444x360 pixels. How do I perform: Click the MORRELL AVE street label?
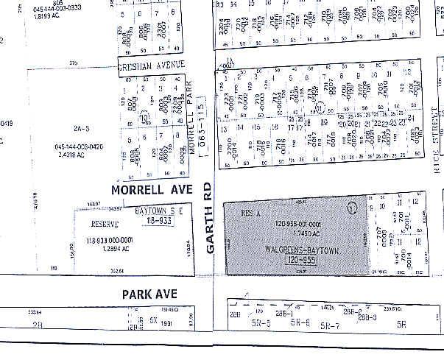point(151,190)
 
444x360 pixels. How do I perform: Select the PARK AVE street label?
point(151,294)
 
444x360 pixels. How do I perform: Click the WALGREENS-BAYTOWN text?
point(303,250)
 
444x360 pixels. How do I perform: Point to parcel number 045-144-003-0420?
point(77,147)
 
